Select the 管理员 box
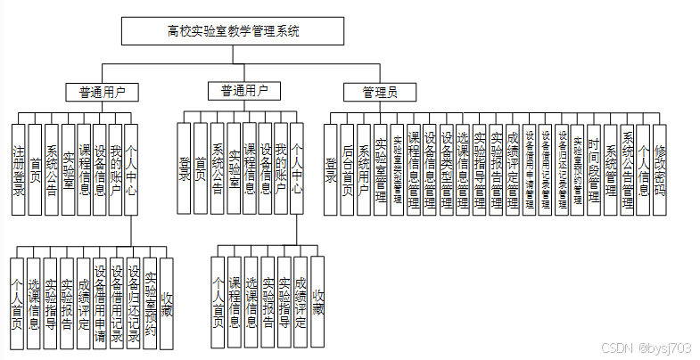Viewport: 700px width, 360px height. [379, 92]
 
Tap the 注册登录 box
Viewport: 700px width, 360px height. [17, 169]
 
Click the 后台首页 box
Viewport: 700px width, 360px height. [347, 169]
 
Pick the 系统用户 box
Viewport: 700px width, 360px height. [364, 169]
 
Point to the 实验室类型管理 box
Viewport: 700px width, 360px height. [397, 169]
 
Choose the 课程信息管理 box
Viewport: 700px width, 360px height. [413, 169]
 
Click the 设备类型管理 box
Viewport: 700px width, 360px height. [446, 169]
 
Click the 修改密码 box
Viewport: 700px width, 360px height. [660, 169]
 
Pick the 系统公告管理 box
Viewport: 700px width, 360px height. [627, 169]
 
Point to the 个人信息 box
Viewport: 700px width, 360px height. [643, 169]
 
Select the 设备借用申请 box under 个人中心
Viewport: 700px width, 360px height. [99, 303]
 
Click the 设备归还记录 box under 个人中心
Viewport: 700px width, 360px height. [132, 303]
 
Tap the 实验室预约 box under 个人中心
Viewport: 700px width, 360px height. [149, 303]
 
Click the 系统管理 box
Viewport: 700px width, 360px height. [611, 169]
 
